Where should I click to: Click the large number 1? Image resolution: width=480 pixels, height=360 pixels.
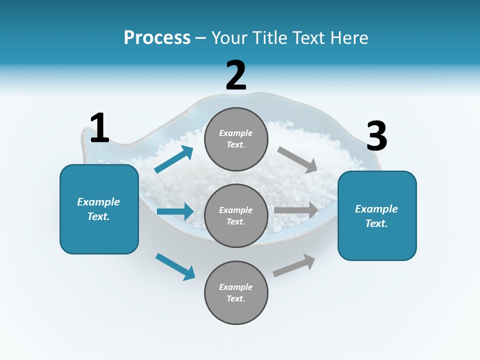pos(99,128)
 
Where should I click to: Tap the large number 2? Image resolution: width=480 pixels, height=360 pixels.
pos(236,75)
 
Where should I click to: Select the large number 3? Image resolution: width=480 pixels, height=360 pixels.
pos(376,136)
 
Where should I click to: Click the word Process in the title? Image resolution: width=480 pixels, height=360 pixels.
pos(157,37)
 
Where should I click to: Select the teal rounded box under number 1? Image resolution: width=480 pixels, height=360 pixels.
pos(99,209)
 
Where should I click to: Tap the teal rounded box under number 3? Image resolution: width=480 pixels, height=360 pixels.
pos(377,215)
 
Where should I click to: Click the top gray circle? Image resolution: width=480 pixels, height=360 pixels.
pos(236,139)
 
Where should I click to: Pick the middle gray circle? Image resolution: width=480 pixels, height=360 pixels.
pos(236,215)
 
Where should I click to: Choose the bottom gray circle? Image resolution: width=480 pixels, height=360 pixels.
pos(236,292)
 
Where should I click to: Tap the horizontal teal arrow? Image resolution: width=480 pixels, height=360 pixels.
pos(175,211)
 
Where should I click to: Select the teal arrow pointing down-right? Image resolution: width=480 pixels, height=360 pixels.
pos(175,266)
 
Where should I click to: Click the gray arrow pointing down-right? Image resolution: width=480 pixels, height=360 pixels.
pos(297,160)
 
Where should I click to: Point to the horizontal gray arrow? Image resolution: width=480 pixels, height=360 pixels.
pos(296,210)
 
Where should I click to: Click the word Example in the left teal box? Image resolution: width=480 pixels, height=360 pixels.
pos(98,202)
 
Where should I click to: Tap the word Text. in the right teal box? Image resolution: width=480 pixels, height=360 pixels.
pos(376,223)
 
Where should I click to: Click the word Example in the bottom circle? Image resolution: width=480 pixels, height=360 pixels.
pos(236,287)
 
